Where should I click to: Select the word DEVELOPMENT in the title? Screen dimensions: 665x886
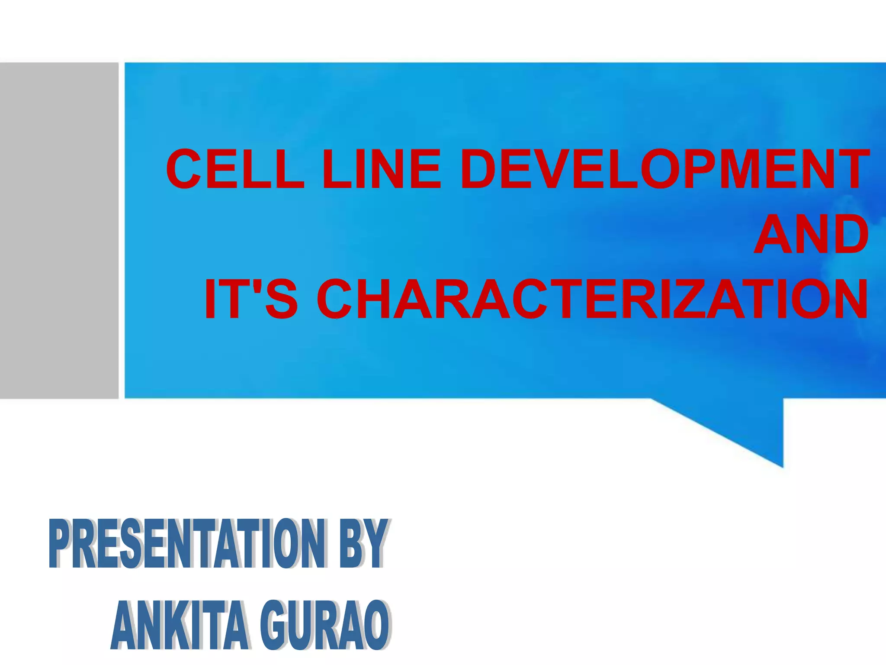pyautogui.click(x=664, y=168)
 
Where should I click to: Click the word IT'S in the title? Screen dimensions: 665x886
pyautogui.click(x=250, y=300)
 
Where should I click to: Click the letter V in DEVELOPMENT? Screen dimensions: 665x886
pyautogui.click(x=546, y=168)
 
